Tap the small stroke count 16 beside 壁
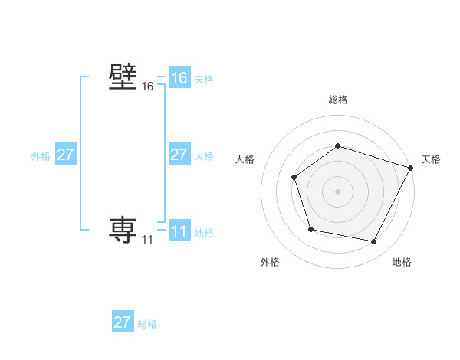[147, 87]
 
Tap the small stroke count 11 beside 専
[147, 240]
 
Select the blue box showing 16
[179, 78]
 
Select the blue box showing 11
[179, 231]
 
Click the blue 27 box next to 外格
[66, 155]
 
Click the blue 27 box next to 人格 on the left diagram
[179, 155]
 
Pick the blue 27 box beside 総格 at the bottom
[123, 322]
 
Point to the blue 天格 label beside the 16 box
[204, 80]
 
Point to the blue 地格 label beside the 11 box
[204, 232]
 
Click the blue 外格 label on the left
[41, 156]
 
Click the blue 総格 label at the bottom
[147, 324]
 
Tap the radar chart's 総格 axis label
[337, 100]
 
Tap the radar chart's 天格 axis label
[431, 159]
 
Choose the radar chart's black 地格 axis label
[402, 262]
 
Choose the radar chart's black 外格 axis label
[270, 262]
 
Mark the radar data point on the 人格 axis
[294, 178]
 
